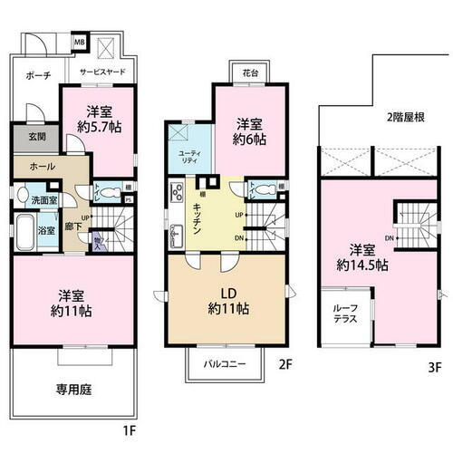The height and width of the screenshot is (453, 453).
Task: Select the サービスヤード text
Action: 106,71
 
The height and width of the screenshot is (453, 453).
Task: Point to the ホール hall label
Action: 42,168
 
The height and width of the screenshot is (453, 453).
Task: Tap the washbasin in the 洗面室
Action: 21,193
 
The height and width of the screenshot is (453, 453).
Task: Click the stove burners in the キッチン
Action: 176,190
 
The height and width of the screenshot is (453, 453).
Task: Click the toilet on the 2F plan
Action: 264,191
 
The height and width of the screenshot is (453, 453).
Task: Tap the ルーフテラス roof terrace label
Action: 345,313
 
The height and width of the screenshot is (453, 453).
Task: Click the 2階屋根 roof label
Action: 404,118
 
